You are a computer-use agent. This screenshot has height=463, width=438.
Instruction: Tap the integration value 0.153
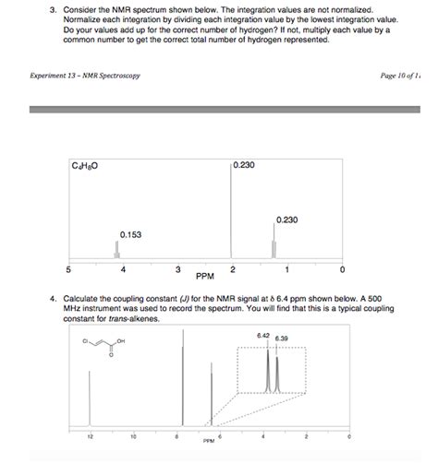click(x=130, y=234)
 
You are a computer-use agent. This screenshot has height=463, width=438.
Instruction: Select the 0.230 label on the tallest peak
click(x=246, y=165)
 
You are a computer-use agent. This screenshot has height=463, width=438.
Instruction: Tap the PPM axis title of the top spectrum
click(x=205, y=276)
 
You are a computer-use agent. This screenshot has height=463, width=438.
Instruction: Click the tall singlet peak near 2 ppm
click(x=231, y=212)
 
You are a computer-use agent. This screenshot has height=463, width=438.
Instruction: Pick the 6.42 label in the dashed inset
click(x=263, y=335)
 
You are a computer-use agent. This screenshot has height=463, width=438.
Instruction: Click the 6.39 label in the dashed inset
click(x=281, y=338)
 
